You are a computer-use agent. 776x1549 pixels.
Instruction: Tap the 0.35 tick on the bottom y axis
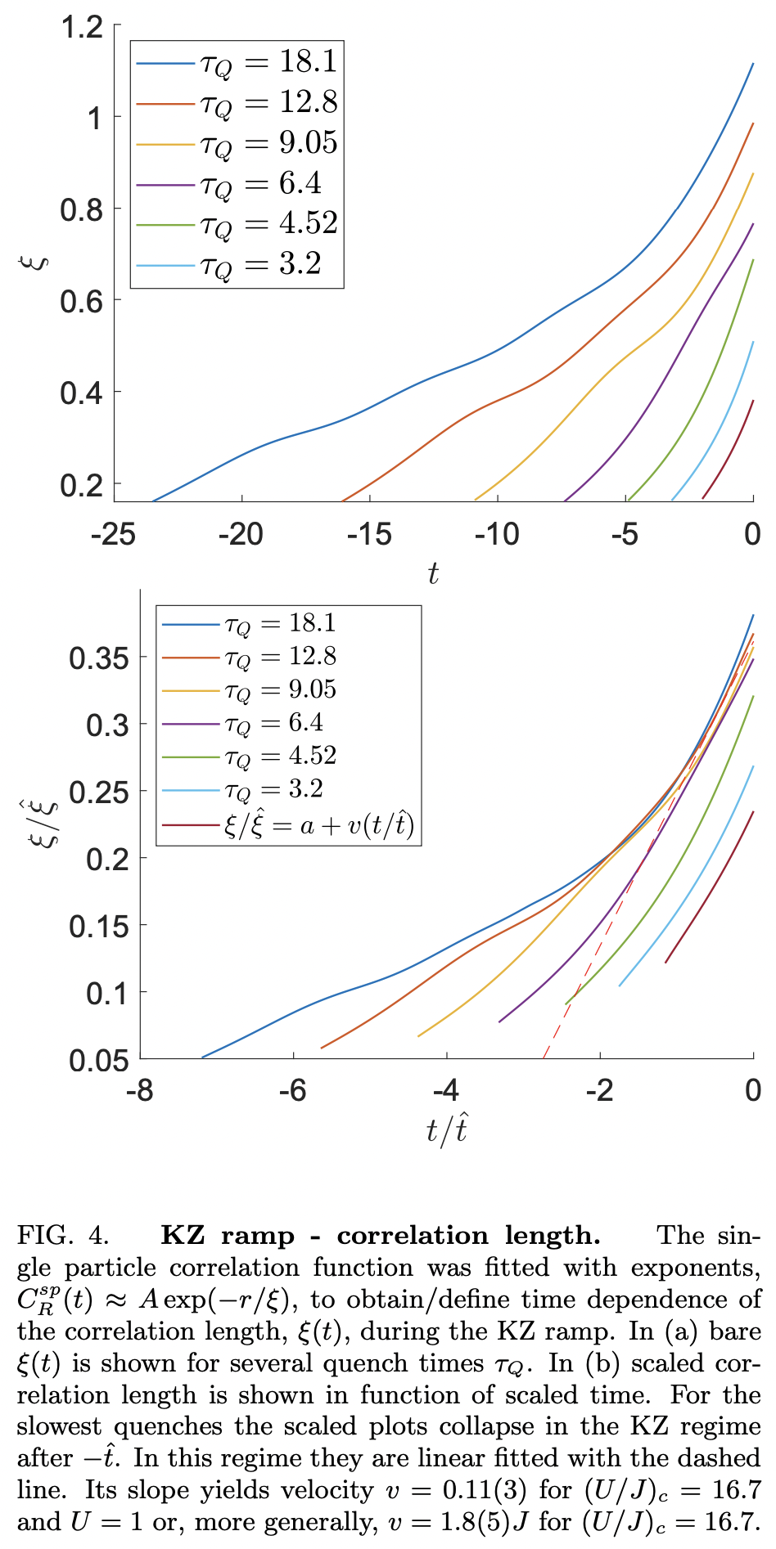pyautogui.click(x=99, y=658)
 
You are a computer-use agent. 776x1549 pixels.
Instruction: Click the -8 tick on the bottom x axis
pyautogui.click(x=140, y=1090)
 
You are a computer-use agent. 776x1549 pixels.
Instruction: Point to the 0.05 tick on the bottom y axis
pyautogui.click(x=99, y=1061)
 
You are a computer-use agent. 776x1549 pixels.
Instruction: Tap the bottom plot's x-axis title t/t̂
pyautogui.click(x=447, y=1130)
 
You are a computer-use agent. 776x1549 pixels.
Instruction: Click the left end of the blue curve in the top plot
pyautogui.click(x=154, y=500)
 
